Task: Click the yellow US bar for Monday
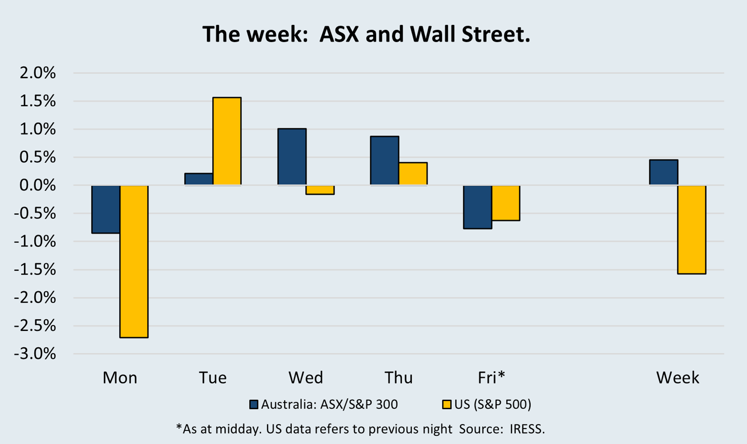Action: point(134,261)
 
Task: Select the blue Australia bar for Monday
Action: point(106,209)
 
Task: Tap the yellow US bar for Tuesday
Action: point(227,141)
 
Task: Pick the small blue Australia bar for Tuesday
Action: point(199,179)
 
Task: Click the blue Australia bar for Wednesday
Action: point(292,157)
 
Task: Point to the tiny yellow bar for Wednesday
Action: point(320,190)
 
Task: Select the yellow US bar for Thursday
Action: point(413,173)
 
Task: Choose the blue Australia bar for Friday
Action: point(477,207)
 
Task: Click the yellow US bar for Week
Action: point(691,229)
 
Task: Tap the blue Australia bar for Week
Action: point(663,172)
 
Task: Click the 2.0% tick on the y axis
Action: point(38,73)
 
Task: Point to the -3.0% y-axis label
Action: point(35,354)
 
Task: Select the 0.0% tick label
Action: point(38,185)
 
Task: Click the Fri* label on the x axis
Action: point(491,378)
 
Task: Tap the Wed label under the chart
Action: point(306,378)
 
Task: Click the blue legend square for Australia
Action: point(254,404)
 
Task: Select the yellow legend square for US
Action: point(446,404)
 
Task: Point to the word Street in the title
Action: point(495,35)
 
